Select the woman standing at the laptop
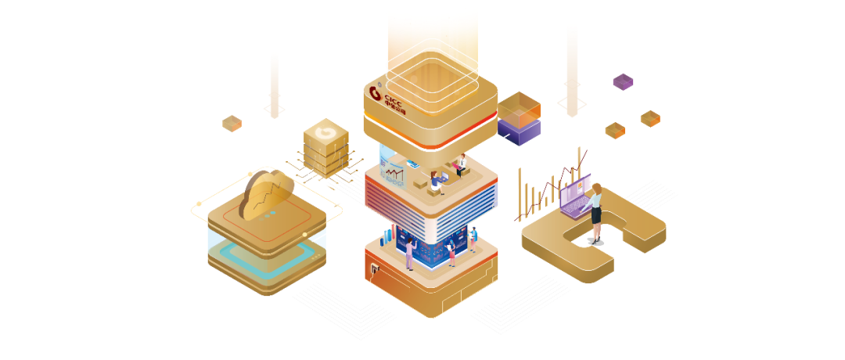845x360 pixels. point(595,212)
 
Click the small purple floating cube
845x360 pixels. point(623,81)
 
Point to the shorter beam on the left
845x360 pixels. point(275,85)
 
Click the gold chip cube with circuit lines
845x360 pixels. point(325,146)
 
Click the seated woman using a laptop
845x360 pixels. point(436,182)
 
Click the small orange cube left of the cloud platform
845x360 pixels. point(232,123)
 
